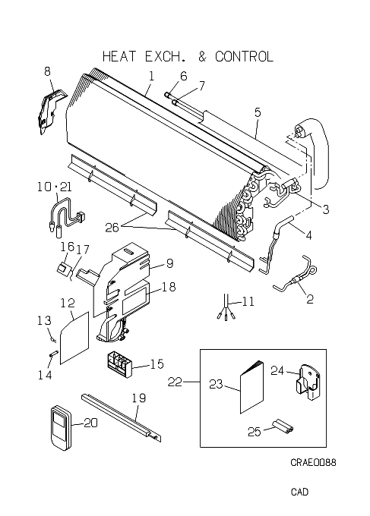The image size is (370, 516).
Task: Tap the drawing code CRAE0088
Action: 313,462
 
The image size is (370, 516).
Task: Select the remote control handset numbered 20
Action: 61,427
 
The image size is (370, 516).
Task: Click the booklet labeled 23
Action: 252,387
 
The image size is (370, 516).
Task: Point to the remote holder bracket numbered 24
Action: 308,382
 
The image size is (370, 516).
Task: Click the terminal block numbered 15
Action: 119,364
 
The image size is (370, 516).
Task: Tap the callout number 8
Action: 47,71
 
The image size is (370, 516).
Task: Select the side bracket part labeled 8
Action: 52,111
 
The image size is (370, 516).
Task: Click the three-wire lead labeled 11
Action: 226,307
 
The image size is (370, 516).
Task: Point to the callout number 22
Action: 175,382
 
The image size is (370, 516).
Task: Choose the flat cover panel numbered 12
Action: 74,338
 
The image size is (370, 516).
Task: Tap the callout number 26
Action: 112,228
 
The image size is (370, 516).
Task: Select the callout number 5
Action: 258,112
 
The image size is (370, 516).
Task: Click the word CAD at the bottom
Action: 299,492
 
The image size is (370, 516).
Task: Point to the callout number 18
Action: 169,287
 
